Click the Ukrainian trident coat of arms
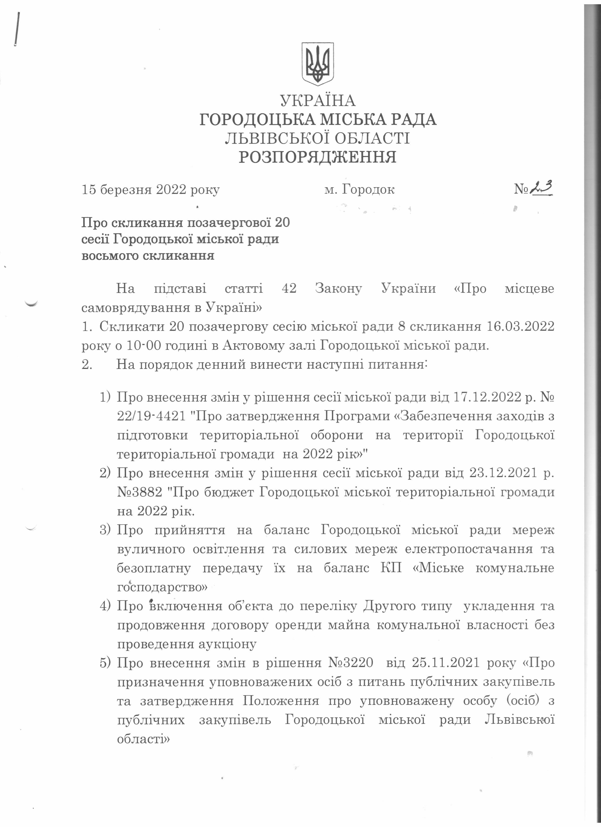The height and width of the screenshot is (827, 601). tap(317, 64)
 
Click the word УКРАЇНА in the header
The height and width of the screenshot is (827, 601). tap(317, 101)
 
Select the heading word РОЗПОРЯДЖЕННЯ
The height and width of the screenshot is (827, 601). tap(317, 157)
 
